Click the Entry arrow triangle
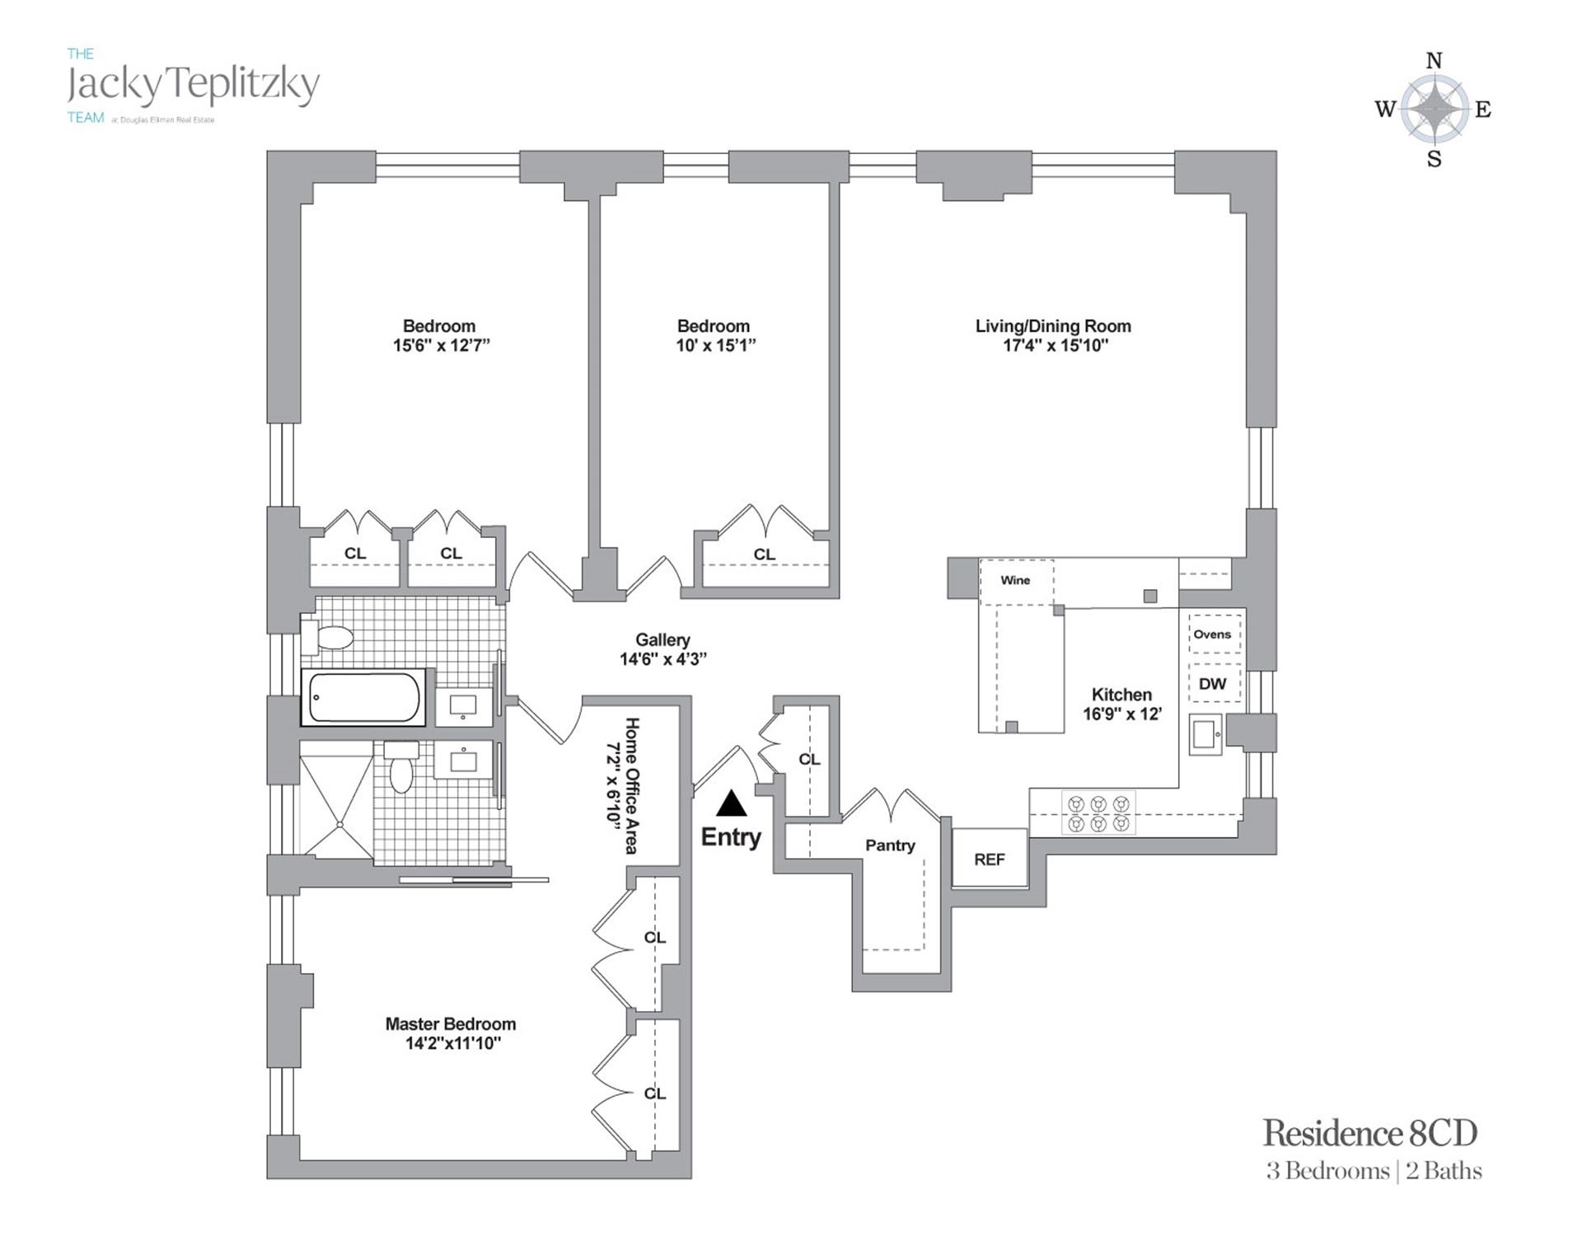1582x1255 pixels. click(731, 803)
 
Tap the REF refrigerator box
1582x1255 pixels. click(990, 859)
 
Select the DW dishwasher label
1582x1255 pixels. click(1212, 684)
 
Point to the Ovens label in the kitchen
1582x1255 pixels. click(1212, 635)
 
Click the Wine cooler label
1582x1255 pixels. click(1015, 580)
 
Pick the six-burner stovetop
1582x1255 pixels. click(1098, 813)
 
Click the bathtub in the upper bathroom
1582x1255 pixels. click(363, 697)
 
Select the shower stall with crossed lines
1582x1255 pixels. click(336, 799)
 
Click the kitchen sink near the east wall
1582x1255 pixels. click(1205, 735)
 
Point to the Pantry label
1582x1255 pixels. click(890, 845)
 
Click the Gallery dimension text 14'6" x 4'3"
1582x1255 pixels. click(663, 659)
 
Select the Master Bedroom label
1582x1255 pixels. click(451, 1024)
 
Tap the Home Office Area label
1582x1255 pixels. click(632, 785)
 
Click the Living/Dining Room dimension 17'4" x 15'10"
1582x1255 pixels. click(1055, 346)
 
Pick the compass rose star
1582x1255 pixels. click(1435, 109)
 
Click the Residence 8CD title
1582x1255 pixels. click(1370, 1133)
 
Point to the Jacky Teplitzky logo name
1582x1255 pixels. click(193, 86)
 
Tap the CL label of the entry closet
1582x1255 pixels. click(809, 759)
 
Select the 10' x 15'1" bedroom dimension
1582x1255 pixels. click(715, 346)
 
